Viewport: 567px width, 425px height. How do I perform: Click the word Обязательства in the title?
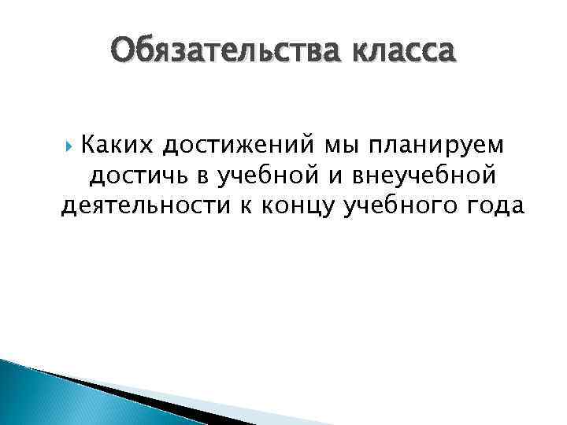(223, 53)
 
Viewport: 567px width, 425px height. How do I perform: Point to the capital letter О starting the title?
(122, 53)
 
